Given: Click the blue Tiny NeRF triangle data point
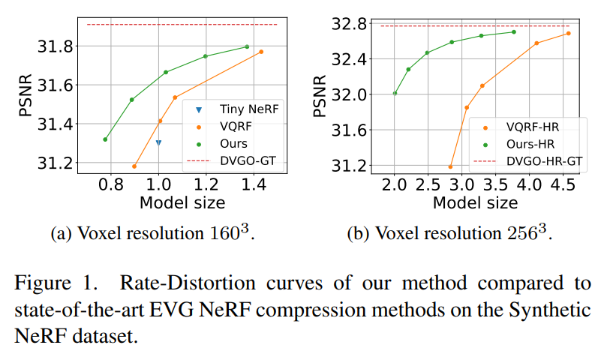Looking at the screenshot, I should tap(158, 142).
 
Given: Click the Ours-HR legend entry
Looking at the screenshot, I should tap(530, 144).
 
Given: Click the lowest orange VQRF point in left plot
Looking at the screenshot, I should tap(134, 166).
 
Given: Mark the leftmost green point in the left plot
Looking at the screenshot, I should tap(105, 139).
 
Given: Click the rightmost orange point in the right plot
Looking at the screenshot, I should tap(568, 33).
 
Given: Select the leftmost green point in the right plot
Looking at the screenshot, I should tap(395, 93).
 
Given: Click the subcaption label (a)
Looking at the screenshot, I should tap(60, 234).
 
